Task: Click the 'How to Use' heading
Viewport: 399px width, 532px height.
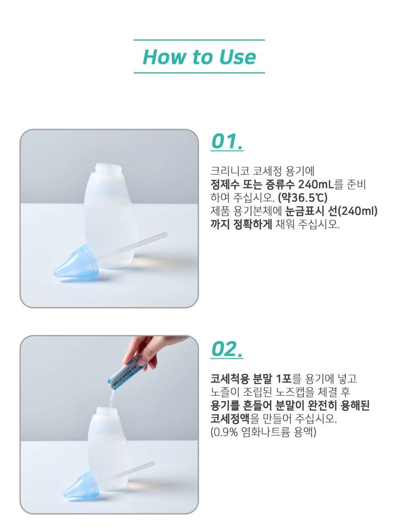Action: (199, 57)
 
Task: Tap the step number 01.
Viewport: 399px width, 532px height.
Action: (227, 142)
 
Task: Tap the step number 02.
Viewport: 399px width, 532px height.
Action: (227, 350)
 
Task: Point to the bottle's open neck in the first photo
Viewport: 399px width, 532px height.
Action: (108, 169)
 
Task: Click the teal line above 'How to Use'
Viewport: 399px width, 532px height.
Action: (199, 40)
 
